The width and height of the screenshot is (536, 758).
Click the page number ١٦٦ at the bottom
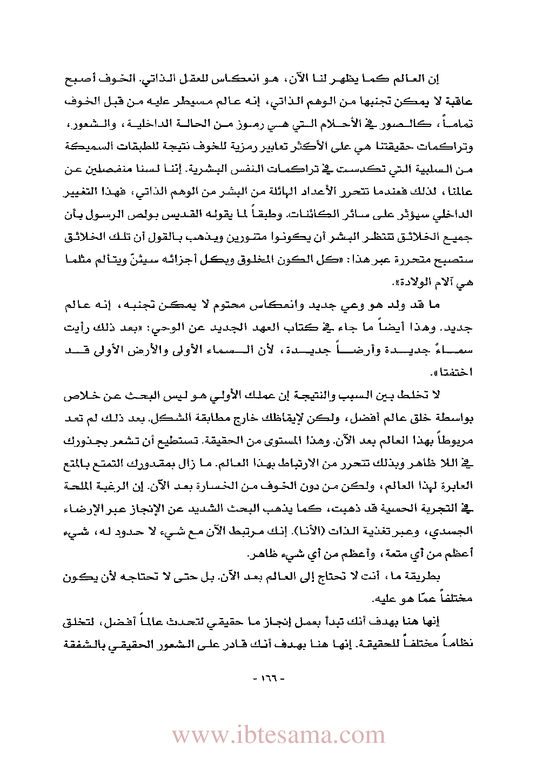pos(268,678)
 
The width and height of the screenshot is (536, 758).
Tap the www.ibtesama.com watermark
pos(278,735)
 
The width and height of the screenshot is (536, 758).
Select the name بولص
pos(373,214)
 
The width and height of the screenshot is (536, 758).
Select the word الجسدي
pos(457,531)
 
